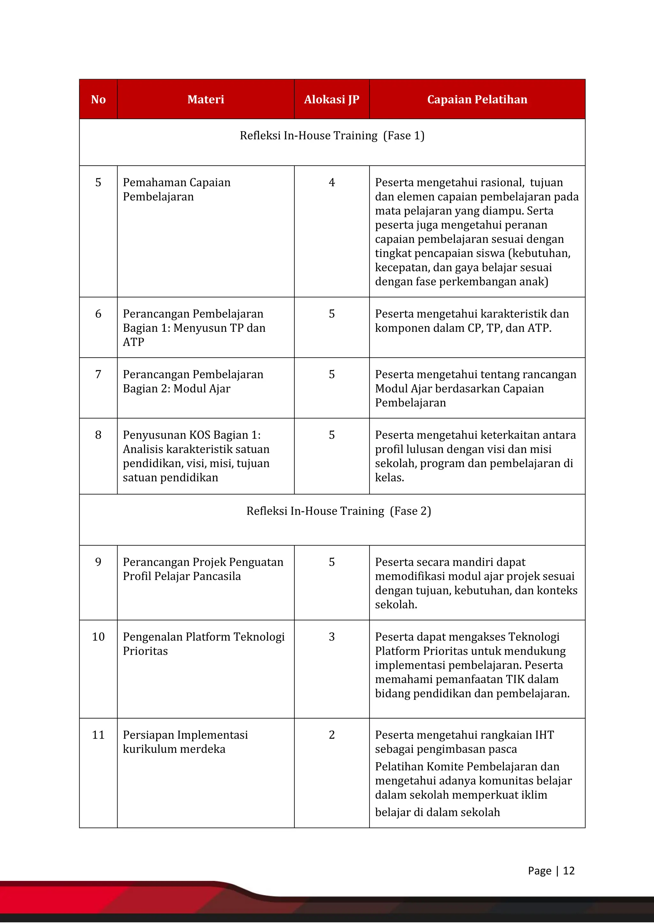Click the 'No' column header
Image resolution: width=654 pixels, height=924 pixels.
tap(98, 100)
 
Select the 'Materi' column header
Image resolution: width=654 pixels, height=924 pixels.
tap(205, 100)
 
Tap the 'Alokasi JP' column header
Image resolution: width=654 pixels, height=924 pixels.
tap(331, 100)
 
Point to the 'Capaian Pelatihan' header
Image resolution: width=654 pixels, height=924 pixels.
tap(477, 100)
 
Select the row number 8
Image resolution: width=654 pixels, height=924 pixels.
tap(98, 435)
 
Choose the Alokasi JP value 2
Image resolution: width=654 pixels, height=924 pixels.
tap(331, 735)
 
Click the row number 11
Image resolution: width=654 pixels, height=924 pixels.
tap(98, 735)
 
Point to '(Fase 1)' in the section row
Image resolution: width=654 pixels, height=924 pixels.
tap(404, 136)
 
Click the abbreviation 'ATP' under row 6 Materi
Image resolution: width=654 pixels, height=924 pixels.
tap(133, 342)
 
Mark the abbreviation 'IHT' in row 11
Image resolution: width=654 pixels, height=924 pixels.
tap(544, 735)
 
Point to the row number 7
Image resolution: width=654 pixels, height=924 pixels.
tap(98, 375)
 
